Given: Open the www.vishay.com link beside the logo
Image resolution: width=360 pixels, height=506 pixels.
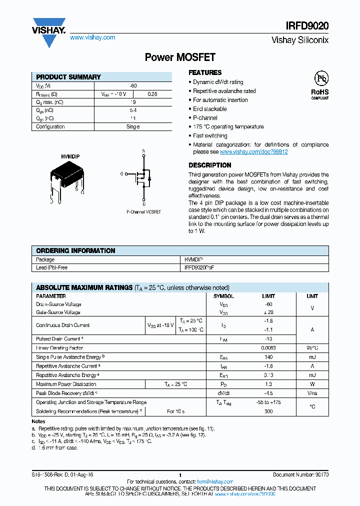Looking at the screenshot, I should pyautogui.click(x=92, y=37).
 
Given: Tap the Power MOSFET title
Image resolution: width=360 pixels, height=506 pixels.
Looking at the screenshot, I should pyautogui.click(x=180, y=57).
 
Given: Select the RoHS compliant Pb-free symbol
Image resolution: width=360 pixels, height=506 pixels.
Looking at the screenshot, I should pyautogui.click(x=320, y=85).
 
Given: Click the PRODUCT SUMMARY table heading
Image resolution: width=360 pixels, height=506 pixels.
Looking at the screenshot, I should pyautogui.click(x=68, y=77).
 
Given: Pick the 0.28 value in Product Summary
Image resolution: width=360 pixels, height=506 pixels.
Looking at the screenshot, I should pyautogui.click(x=152, y=94).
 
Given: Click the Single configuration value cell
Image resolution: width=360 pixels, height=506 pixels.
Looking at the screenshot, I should pyautogui.click(x=133, y=127).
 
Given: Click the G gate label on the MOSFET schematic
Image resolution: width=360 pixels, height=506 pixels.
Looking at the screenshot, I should pyautogui.click(x=121, y=173).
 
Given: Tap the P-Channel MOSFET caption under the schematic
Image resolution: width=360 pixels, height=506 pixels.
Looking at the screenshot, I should pyautogui.click(x=143, y=212).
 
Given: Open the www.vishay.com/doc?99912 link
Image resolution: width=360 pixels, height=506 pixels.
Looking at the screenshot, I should pyautogui.click(x=253, y=151).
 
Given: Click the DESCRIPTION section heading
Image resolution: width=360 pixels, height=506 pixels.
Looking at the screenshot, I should pyautogui.click(x=209, y=165).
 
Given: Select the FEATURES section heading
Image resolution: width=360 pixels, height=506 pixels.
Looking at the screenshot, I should pyautogui.click(x=205, y=72).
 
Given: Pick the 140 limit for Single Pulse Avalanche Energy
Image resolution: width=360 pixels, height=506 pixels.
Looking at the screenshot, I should pyautogui.click(x=268, y=357).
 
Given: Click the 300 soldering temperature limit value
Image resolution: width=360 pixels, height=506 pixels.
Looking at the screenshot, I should pyautogui.click(x=268, y=411).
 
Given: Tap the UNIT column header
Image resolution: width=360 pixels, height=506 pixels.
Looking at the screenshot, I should pyautogui.click(x=312, y=296).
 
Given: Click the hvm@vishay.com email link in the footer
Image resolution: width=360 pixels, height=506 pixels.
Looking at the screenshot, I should pyautogui.click(x=214, y=481).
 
